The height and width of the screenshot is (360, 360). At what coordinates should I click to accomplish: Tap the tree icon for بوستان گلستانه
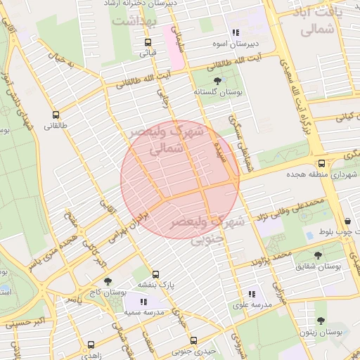tap(217, 81)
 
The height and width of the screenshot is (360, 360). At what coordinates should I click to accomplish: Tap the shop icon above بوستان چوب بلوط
tap(347, 221)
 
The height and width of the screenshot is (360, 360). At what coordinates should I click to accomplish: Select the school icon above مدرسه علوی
tap(251, 294)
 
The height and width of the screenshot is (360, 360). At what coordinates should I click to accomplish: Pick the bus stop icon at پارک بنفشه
tap(155, 274)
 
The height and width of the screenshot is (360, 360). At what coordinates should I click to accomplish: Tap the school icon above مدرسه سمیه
tap(143, 302)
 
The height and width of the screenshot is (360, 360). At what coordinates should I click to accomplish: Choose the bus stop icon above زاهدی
tap(91, 345)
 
